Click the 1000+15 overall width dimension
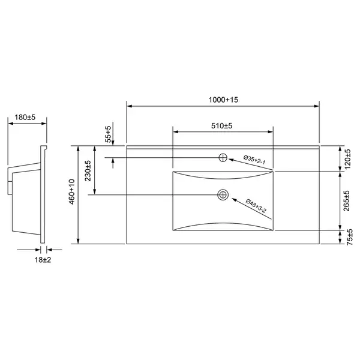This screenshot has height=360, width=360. point(223,100)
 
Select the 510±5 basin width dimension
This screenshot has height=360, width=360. point(222,126)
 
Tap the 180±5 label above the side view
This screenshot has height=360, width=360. point(25,118)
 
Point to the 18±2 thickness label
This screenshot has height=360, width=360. point(43,260)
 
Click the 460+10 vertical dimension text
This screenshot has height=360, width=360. point(72,192)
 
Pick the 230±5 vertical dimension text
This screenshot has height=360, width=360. point(88,171)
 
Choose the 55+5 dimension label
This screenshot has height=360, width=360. point(108,134)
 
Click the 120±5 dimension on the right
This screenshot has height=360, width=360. point(348,159)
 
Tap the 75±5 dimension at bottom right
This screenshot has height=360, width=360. point(350,237)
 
